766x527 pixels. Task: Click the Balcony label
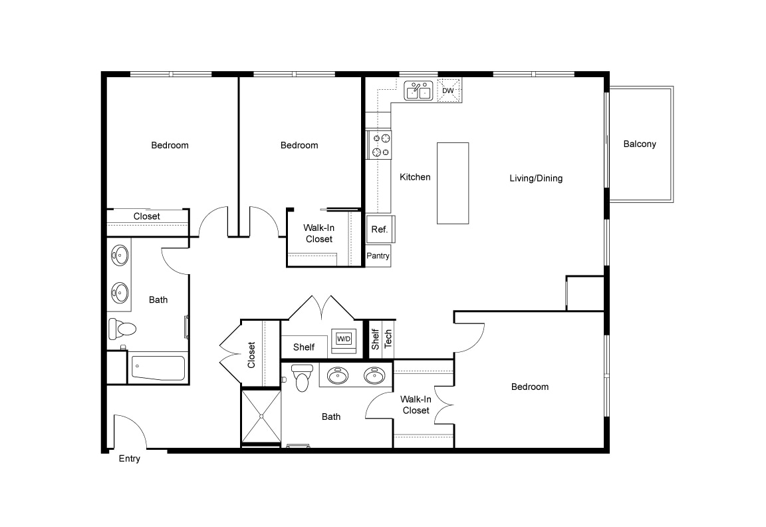639,144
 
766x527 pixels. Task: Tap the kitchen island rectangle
452,183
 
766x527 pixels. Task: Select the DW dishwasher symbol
449,90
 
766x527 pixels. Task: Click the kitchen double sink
419,90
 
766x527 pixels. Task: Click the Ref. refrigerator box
380,230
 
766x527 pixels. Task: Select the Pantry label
378,256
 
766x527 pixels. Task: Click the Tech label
388,339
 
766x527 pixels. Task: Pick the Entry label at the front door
129,458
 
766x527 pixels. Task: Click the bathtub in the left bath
158,367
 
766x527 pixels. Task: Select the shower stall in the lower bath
261,417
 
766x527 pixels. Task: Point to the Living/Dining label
536,178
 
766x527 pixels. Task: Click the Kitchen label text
415,177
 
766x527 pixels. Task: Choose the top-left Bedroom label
170,145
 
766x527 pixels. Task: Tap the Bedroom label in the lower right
529,387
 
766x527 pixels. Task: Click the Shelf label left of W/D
304,347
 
